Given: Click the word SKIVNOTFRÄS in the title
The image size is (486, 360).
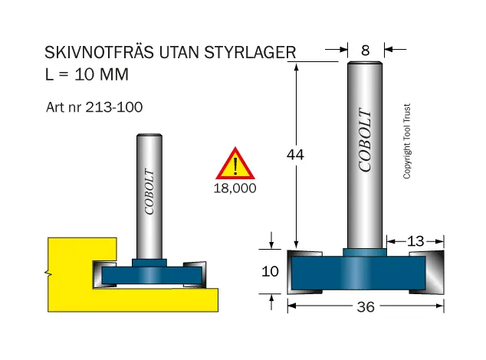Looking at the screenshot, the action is pyautogui.click(x=99, y=52).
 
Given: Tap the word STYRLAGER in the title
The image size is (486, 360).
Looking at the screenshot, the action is pyautogui.click(x=250, y=52).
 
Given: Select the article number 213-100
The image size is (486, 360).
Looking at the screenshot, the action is pyautogui.click(x=113, y=107).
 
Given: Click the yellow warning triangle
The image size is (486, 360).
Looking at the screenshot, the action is pyautogui.click(x=235, y=164).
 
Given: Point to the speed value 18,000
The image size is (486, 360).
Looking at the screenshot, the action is pyautogui.click(x=235, y=188).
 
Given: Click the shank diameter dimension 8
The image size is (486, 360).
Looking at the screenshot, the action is pyautogui.click(x=366, y=51).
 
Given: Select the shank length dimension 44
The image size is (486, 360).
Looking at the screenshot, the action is pyautogui.click(x=295, y=154).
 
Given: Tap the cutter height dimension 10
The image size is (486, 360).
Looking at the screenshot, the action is pyautogui.click(x=270, y=271).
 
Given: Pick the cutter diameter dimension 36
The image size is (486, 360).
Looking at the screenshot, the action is pyautogui.click(x=366, y=306).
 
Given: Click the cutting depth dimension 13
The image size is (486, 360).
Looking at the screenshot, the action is pyautogui.click(x=415, y=241).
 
